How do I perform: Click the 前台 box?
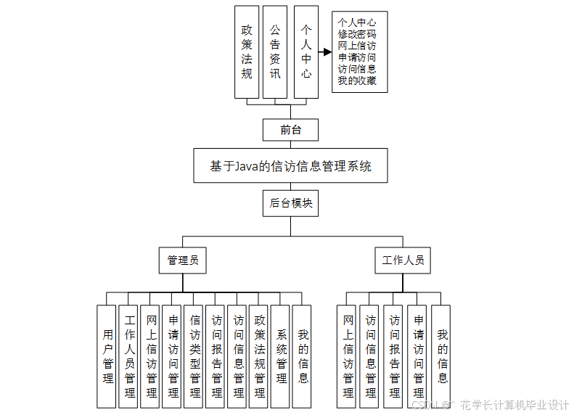click(x=290, y=130)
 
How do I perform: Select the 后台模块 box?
click(x=290, y=204)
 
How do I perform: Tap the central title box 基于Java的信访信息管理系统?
click(x=290, y=166)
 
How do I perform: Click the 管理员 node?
click(x=183, y=260)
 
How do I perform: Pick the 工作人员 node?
click(x=403, y=260)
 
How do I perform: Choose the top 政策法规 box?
click(x=247, y=52)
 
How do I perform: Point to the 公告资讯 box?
click(x=275, y=52)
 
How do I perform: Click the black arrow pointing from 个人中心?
click(x=324, y=52)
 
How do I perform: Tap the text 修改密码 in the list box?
click(x=358, y=35)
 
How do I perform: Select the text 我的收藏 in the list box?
click(x=358, y=81)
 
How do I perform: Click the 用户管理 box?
click(x=108, y=356)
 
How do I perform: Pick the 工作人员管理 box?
click(x=130, y=356)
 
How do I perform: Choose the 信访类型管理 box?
click(x=195, y=356)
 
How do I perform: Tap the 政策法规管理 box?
click(x=260, y=356)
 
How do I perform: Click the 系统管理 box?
click(x=282, y=356)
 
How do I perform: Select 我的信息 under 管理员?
click(x=303, y=356)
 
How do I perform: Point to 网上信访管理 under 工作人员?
click(x=348, y=356)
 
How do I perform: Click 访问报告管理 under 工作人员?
click(x=395, y=356)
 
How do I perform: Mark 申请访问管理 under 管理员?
click(x=173, y=356)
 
